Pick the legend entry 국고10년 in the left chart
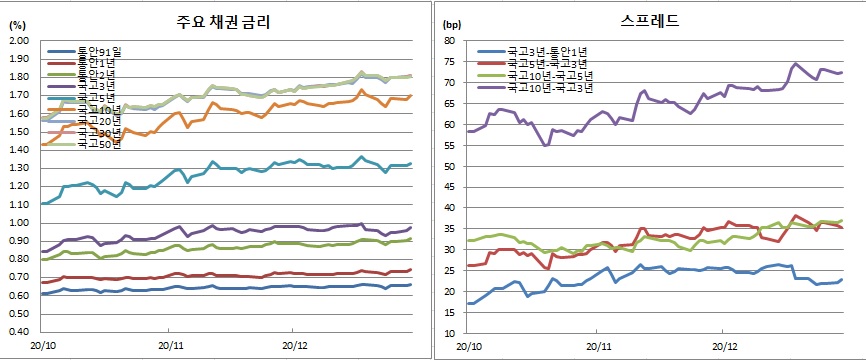99,108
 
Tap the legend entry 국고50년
99,144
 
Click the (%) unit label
17,28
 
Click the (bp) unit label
450,28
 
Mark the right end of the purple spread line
841,72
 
